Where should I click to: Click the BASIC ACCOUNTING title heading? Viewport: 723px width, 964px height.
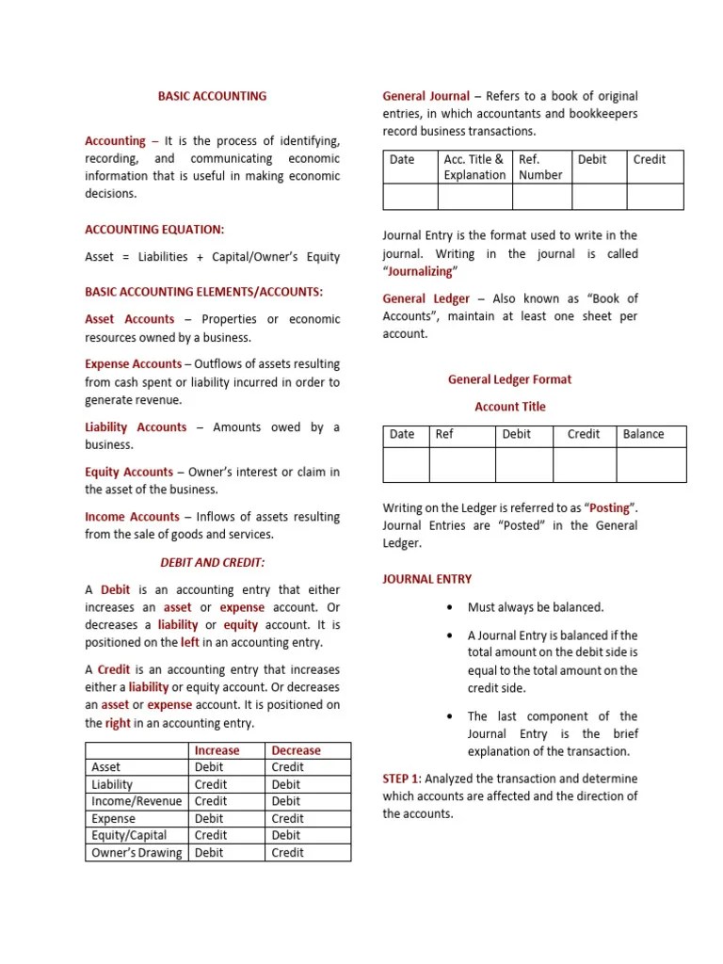pyautogui.click(x=212, y=96)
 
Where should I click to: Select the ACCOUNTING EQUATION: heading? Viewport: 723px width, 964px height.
pyautogui.click(x=154, y=230)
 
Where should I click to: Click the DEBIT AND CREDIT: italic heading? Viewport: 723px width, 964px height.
pyautogui.click(x=212, y=563)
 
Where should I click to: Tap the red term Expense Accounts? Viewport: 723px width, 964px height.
pyautogui.click(x=133, y=364)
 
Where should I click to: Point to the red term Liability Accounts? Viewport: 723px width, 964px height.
pyautogui.click(x=136, y=427)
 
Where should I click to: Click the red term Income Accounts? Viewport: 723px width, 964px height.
pyautogui.click(x=132, y=517)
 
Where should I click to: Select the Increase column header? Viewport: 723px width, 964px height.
pyautogui.click(x=217, y=750)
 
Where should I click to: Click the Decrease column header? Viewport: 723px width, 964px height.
pyautogui.click(x=296, y=750)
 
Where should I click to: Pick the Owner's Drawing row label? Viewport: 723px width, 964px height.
pyautogui.click(x=137, y=853)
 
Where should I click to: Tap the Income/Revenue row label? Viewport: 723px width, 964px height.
pyautogui.click(x=136, y=801)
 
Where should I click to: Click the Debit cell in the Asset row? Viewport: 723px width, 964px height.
pyautogui.click(x=209, y=767)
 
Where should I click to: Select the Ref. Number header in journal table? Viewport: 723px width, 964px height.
pyautogui.click(x=540, y=167)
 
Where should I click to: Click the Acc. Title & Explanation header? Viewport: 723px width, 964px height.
pyautogui.click(x=474, y=167)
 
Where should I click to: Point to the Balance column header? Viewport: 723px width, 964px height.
pyautogui.click(x=643, y=434)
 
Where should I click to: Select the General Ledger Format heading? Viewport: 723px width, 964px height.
pyautogui.click(x=509, y=379)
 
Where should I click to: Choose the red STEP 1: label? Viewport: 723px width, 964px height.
pyautogui.click(x=401, y=779)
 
